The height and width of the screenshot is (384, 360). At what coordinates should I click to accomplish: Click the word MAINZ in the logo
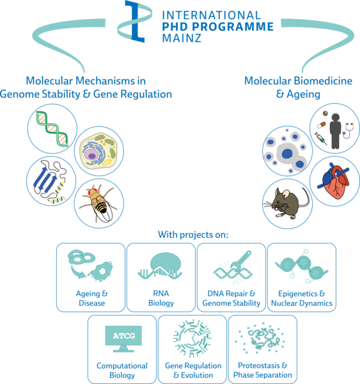[182, 38]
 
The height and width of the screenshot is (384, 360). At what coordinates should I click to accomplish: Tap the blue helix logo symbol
[135, 21]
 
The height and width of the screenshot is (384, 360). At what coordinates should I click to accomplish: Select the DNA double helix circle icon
[52, 129]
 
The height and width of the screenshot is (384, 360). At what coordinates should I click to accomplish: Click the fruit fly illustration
[98, 204]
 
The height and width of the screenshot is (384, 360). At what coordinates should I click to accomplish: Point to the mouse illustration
[287, 203]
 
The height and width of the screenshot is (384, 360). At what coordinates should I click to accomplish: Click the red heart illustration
[335, 180]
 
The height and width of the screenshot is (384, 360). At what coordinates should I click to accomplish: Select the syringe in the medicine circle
[320, 138]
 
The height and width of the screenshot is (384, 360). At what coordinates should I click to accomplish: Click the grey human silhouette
[335, 131]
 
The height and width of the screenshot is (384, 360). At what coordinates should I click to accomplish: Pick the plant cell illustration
[98, 151]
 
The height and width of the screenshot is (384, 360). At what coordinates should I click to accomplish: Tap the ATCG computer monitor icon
[123, 339]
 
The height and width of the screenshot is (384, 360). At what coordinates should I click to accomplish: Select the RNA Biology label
[161, 298]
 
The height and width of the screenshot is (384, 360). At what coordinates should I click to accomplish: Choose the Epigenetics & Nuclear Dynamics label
[302, 298]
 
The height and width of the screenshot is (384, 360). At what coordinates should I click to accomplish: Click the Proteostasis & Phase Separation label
[263, 370]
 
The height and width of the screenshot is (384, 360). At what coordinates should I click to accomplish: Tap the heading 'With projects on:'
[193, 235]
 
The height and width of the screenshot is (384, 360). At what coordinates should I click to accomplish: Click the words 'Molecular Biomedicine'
[299, 81]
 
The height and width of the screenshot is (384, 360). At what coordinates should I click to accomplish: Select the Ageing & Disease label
[92, 298]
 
